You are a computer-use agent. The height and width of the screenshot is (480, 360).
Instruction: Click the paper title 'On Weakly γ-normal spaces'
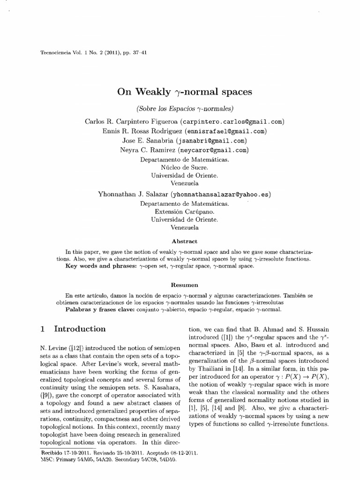pyautogui.click(x=184, y=92)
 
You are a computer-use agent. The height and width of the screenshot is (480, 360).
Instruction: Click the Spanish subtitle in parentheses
pyautogui.click(x=184, y=109)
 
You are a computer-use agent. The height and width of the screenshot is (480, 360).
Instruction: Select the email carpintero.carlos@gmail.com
pyautogui.click(x=238, y=121)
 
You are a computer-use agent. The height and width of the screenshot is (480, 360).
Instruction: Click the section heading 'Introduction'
pyautogui.click(x=80, y=329)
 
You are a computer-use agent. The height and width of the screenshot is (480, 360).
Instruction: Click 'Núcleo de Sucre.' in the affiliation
pyautogui.click(x=184, y=167)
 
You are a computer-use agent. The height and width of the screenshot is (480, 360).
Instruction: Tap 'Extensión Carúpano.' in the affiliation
pyautogui.click(x=184, y=211)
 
